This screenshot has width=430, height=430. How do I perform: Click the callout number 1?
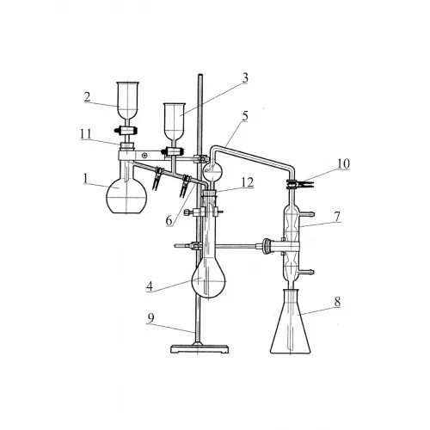[85, 179]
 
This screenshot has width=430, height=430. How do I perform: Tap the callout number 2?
[88, 97]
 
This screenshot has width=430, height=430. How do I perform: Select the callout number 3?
[244, 78]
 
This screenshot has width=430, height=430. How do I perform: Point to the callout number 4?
[150, 286]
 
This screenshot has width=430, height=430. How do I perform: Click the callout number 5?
[244, 116]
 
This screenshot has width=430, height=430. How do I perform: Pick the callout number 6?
[169, 221]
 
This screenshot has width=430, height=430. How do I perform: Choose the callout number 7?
[337, 217]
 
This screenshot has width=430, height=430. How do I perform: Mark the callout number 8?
[337, 302]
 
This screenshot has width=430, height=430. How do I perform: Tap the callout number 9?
[150, 318]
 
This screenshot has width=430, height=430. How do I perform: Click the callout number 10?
[343, 163]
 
